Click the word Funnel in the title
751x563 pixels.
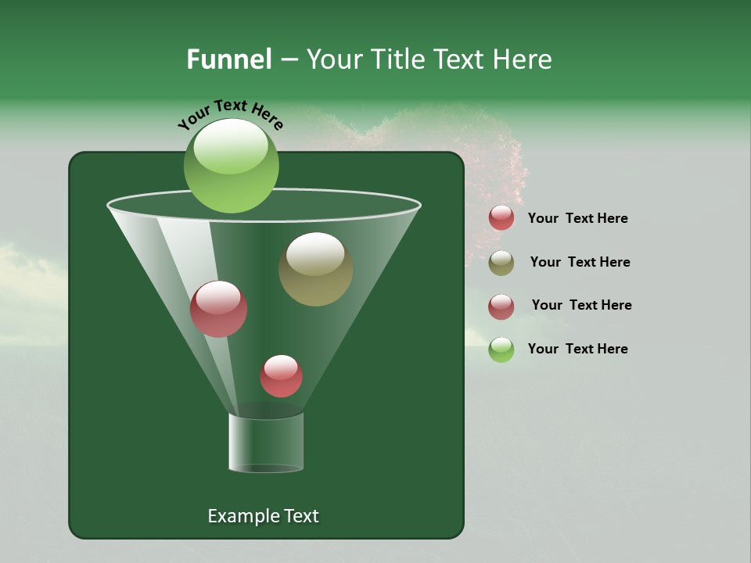click(228, 59)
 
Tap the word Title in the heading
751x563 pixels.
click(396, 59)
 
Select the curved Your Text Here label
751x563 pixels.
click(230, 114)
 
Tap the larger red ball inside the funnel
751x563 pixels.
click(218, 310)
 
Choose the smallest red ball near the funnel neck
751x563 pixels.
click(281, 377)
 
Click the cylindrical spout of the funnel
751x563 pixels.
click(266, 443)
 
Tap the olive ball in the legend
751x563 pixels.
click(501, 263)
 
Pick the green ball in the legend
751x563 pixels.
click(501, 350)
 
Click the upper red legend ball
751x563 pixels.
click(501, 218)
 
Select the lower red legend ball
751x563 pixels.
click(501, 307)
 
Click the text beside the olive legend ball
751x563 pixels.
click(580, 262)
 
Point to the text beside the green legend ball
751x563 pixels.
click(577, 349)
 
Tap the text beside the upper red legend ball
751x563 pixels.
click(577, 218)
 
